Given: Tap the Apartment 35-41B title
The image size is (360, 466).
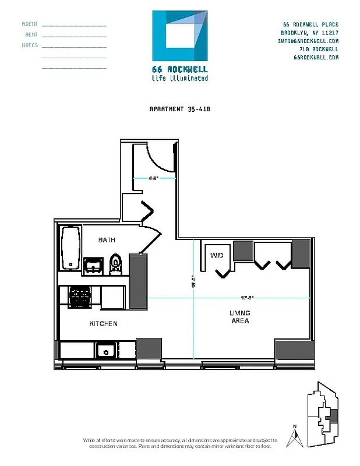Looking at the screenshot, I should pos(180,109).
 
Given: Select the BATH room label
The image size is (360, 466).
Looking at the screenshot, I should pos(107,240).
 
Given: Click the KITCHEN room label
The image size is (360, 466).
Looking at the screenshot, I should pos(104,323).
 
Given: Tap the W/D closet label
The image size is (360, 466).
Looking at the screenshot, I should pos(216,255).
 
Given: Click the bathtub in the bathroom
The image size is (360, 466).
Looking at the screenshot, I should pos(70,248).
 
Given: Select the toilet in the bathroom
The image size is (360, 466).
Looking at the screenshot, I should pos(115,263).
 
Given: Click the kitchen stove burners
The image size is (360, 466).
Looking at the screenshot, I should pos(79,296).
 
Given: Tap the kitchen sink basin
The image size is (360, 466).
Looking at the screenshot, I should pos(105,350).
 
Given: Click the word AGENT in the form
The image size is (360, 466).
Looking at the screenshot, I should pos(30,24).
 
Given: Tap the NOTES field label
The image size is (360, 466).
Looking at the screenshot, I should pos(30,45).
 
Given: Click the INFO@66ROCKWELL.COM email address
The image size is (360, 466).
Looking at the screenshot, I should pos(308,41).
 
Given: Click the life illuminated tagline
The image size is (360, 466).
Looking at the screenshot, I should pos(179,78).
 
